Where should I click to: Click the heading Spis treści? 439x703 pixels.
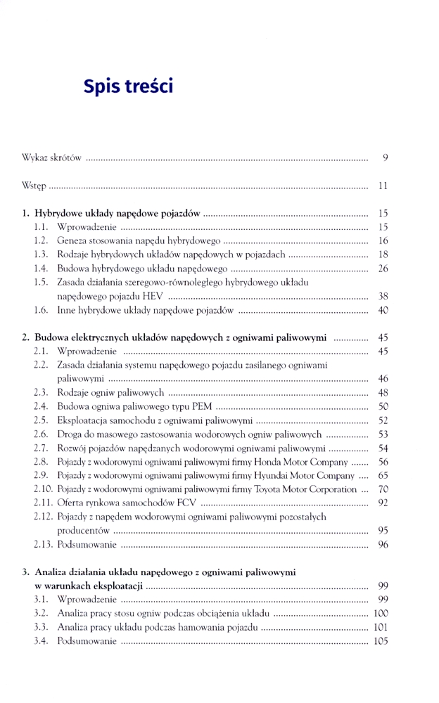point(127,86)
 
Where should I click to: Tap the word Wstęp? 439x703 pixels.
point(34,186)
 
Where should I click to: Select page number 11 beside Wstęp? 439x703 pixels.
point(383,186)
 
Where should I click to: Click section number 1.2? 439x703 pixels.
point(41,240)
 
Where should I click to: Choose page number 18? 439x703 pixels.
point(383,254)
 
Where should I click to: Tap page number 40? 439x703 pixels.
point(383,310)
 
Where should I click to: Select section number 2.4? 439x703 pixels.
point(41,406)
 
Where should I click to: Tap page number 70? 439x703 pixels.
point(383,489)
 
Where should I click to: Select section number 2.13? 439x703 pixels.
point(43,544)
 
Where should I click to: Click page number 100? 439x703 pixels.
point(381,613)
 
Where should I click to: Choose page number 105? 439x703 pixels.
point(381,640)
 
